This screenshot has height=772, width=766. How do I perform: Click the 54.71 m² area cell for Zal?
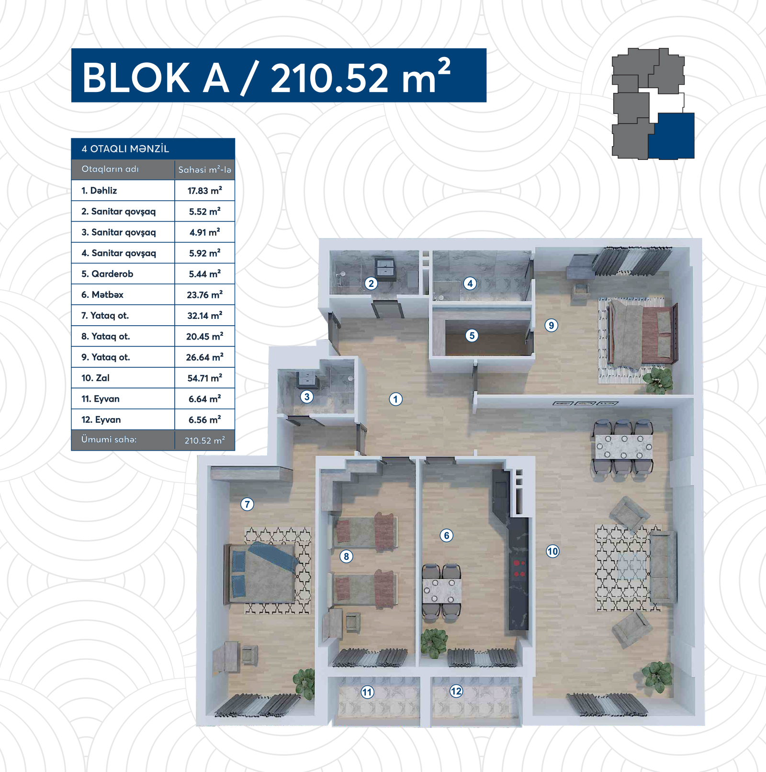(205, 378)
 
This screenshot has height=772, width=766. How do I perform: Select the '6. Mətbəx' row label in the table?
(102, 295)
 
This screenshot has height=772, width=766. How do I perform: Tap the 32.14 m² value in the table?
(205, 316)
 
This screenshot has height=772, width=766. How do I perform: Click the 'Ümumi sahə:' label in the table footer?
(109, 439)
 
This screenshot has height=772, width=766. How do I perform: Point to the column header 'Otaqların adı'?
(110, 169)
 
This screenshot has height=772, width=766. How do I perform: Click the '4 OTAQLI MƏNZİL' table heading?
(125, 148)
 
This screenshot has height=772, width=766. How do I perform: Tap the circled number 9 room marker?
(552, 326)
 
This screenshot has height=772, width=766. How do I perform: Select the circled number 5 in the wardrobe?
(472, 336)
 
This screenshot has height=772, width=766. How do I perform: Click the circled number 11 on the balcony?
(367, 692)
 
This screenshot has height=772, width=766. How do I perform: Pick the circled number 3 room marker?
(307, 397)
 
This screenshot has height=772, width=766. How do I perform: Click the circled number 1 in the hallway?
(395, 399)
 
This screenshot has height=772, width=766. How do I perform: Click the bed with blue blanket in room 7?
(261, 572)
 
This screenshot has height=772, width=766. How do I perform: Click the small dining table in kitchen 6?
(441, 592)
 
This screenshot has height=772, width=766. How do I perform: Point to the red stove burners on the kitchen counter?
(519, 568)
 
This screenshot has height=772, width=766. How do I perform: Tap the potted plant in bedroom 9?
(658, 379)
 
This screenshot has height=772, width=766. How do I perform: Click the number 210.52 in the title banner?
(329, 78)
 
